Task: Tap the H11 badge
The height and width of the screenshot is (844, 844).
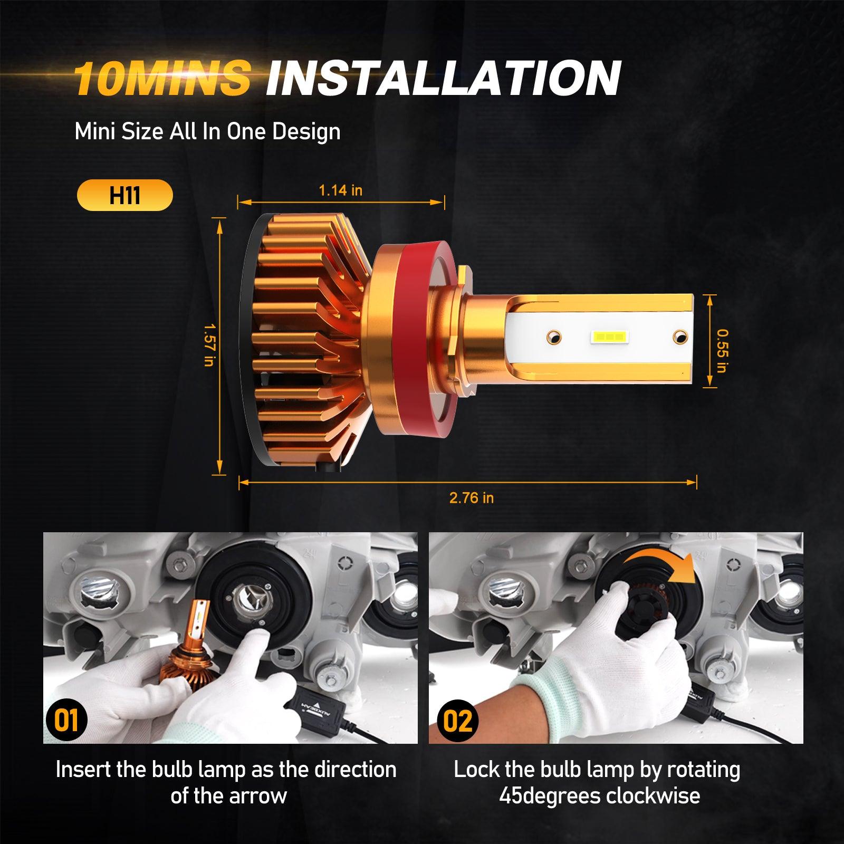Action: click(x=124, y=196)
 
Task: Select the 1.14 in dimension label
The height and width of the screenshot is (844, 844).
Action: click(x=341, y=190)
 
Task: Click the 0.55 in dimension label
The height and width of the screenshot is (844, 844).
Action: click(x=722, y=351)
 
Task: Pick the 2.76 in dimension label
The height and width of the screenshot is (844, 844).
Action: click(x=472, y=498)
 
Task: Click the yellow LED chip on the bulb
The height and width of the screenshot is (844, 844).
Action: click(x=608, y=336)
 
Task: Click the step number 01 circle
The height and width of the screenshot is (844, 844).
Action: click(x=66, y=720)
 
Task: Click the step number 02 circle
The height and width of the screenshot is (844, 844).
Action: click(x=457, y=720)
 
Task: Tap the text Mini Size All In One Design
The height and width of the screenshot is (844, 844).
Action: click(x=207, y=131)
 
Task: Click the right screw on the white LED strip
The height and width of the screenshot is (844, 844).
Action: click(x=680, y=335)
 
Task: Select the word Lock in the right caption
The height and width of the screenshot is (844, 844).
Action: click(x=476, y=770)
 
